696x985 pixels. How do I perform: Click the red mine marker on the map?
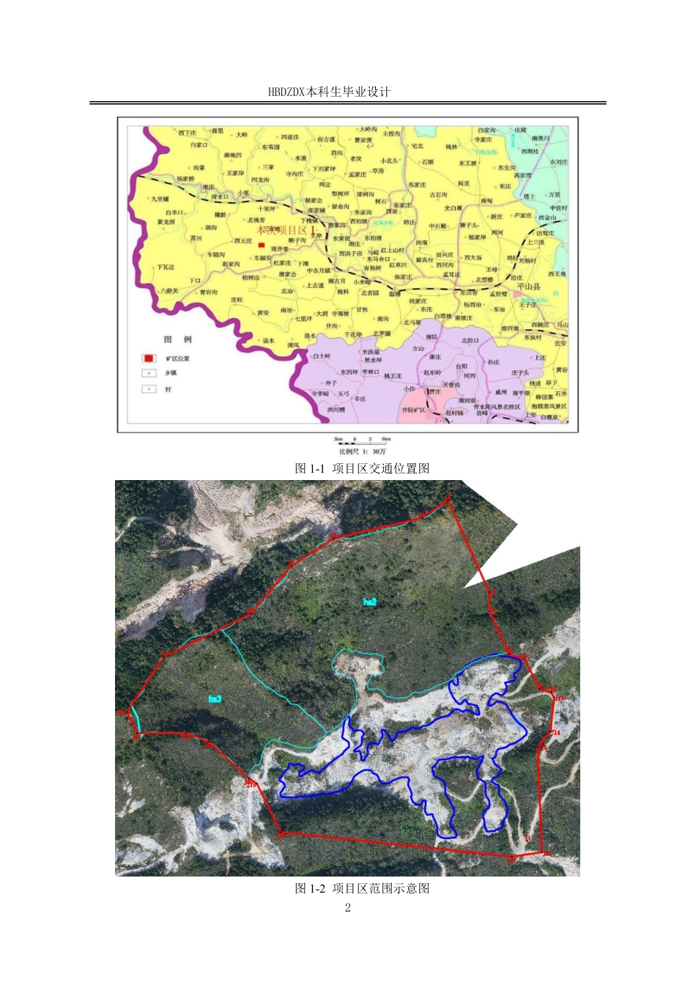pyautogui.click(x=262, y=245)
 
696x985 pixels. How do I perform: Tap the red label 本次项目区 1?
pyautogui.click(x=286, y=231)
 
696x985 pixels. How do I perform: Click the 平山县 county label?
pyautogui.click(x=529, y=287)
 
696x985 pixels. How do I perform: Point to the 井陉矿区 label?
pyautogui.click(x=414, y=410)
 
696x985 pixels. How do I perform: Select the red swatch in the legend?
pyautogui.click(x=149, y=358)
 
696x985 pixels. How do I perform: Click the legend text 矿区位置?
pyautogui.click(x=178, y=359)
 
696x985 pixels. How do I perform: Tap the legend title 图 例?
pyautogui.click(x=177, y=339)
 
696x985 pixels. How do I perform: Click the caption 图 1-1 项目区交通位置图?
pyautogui.click(x=362, y=468)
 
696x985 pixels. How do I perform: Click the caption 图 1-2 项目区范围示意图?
pyautogui.click(x=362, y=888)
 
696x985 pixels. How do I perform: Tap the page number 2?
pyautogui.click(x=348, y=908)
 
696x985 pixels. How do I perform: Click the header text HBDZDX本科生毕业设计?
pyautogui.click(x=329, y=92)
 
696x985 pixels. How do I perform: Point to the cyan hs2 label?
pyautogui.click(x=370, y=602)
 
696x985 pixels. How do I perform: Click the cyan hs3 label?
pyautogui.click(x=215, y=699)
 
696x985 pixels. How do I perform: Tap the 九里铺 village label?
pyautogui.click(x=160, y=199)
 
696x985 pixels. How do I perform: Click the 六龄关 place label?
pyautogui.click(x=169, y=291)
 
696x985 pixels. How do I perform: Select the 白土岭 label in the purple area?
pyautogui.click(x=322, y=356)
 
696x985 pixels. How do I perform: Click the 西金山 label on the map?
pyautogui.click(x=547, y=218)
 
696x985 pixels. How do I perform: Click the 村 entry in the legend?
pyautogui.click(x=168, y=389)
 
